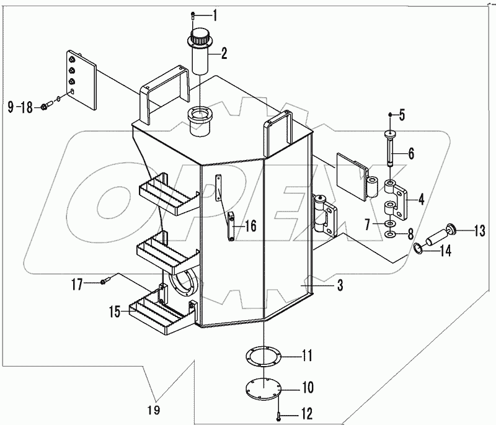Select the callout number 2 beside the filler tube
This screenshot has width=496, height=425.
click(224, 53)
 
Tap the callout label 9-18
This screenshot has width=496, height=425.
click(19, 107)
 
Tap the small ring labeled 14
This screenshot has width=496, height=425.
click(419, 249)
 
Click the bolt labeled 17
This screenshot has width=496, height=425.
click(104, 282)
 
